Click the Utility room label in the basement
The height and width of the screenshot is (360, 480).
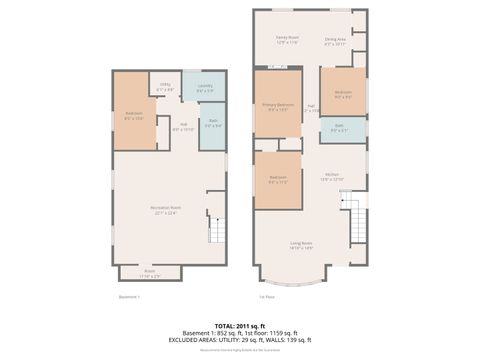(166, 88)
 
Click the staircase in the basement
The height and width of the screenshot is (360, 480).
(218, 233)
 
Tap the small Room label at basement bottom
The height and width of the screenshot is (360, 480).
(149, 272)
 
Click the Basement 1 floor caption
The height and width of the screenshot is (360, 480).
(129, 296)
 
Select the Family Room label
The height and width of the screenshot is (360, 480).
(288, 41)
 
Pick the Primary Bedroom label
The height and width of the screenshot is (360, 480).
(277, 106)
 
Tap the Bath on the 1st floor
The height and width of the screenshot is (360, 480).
(340, 129)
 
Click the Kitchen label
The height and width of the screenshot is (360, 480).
(330, 175)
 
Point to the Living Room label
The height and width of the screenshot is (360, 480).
(301, 245)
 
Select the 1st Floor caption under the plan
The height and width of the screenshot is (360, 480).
(267, 296)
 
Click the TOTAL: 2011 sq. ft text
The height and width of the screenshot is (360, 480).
(240, 325)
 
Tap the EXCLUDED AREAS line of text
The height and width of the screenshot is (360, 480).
(240, 339)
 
